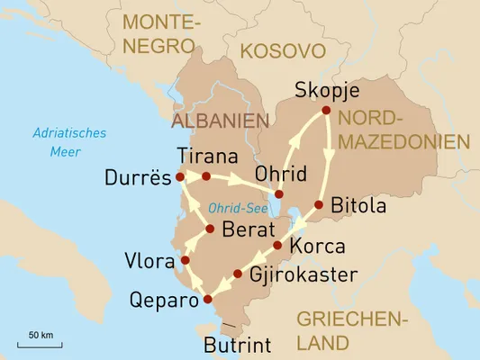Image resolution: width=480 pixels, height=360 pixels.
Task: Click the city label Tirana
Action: point(208,154)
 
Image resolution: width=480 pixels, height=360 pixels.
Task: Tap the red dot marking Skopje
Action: point(327,111)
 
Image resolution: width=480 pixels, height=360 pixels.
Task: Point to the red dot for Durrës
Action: point(180,176)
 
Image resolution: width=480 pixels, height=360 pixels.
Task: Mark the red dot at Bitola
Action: point(319,206)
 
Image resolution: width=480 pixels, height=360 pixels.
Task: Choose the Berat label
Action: point(247,229)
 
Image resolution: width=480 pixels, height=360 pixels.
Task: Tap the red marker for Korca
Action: point(277,245)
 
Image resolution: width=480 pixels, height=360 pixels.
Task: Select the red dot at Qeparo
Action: point(208,299)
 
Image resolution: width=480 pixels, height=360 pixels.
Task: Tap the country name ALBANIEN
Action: point(221,120)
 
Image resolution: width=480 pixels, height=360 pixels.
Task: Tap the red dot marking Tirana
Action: point(206,176)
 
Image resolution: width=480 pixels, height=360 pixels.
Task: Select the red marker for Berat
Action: point(209,229)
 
